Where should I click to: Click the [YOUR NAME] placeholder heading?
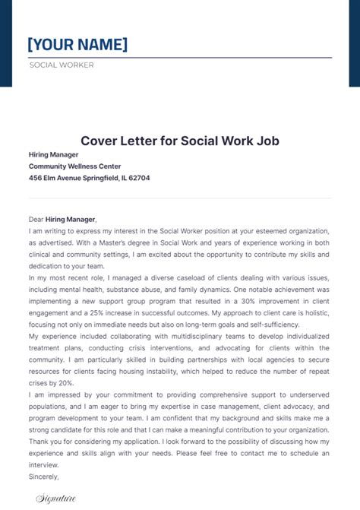pyautogui.click(x=77, y=44)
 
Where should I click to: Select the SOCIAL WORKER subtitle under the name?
pyautogui.click(x=62, y=65)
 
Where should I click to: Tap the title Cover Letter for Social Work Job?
pyautogui.click(x=180, y=141)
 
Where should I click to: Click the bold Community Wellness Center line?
pyautogui.click(x=74, y=166)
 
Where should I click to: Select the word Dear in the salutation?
pyautogui.click(x=36, y=218)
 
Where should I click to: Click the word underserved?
pyautogui.click(x=305, y=396)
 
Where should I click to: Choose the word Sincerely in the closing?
pyautogui.click(x=43, y=477)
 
